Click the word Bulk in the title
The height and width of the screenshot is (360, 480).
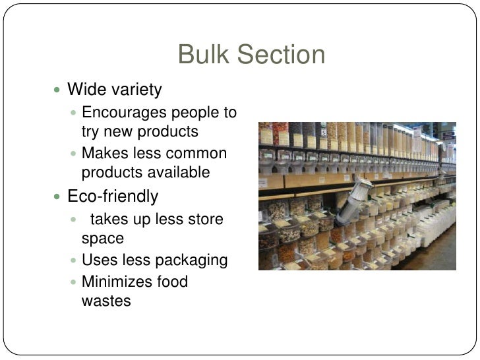coord(200,55)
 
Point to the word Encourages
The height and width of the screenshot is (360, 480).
coord(122,112)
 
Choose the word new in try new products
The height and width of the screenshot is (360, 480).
coord(118,131)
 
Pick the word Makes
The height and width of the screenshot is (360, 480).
coord(102,154)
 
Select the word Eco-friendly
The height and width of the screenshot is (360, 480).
coord(113,196)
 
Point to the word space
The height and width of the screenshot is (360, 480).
coord(103,238)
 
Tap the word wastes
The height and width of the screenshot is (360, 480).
coord(106,301)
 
